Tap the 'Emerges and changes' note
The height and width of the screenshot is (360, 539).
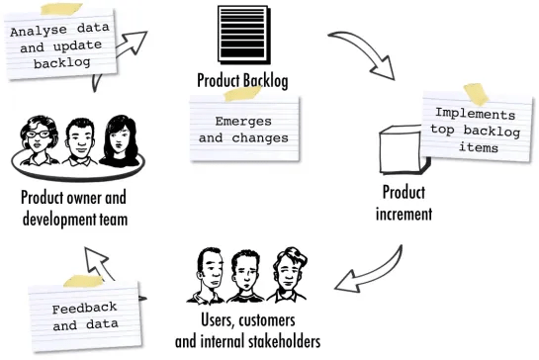[x=242, y=130]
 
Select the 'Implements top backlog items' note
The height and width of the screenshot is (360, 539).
[x=474, y=131]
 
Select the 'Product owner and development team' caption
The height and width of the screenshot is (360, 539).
[x=74, y=208]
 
